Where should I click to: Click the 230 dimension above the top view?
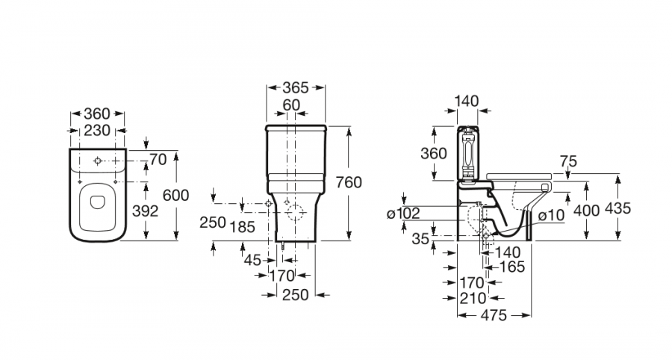(96, 130)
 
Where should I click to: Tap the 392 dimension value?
(145, 211)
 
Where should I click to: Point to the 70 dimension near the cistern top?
(158, 159)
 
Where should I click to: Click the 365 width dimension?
(295, 87)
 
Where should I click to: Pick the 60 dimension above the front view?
(292, 105)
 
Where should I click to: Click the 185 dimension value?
(242, 223)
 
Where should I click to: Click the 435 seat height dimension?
(618, 208)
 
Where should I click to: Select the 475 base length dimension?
(494, 316)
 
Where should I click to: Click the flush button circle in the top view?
(99, 160)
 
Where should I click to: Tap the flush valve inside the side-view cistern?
(469, 153)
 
